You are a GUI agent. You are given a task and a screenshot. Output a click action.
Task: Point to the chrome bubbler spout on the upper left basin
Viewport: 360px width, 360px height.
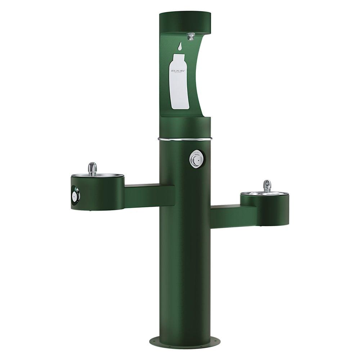pos(93,168)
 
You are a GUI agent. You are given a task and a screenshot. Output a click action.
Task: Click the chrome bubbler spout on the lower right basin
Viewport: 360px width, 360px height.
pos(267,186)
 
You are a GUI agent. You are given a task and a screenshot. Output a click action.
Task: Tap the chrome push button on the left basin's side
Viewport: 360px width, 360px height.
pos(75,195)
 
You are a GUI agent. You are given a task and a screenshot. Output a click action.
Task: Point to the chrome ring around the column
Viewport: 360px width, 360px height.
pos(184,139)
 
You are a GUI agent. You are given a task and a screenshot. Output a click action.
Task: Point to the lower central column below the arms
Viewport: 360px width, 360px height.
pos(185,281)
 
